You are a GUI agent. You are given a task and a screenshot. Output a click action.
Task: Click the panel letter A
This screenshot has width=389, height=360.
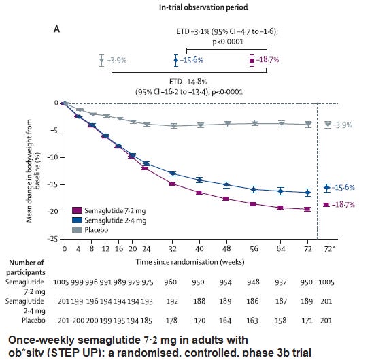coord(57,29)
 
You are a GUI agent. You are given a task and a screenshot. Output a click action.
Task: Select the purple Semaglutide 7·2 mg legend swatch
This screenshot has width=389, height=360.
coord(77,210)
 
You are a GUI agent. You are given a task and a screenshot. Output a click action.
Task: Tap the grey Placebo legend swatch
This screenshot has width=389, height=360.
coord(77,230)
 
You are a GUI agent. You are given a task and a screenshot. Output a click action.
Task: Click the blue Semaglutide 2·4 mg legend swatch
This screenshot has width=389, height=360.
coord(77,220)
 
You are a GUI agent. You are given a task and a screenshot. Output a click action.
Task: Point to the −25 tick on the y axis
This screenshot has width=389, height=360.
coord(52,239)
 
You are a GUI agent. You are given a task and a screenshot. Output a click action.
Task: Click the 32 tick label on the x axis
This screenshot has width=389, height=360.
coord(173,249)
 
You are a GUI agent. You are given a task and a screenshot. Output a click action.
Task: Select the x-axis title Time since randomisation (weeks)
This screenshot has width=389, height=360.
coord(190,262)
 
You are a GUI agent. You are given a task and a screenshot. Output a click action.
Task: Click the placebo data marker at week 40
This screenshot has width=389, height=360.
coord(200,125)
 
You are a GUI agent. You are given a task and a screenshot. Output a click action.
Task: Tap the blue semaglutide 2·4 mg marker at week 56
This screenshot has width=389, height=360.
coord(253,189)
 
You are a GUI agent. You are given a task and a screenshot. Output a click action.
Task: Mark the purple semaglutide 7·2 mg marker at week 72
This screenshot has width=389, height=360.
coord(307,209)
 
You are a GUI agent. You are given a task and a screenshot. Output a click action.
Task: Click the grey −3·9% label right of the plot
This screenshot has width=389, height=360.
coord(342,125)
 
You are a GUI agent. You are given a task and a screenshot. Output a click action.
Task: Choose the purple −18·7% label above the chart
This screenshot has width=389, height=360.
coord(267,60)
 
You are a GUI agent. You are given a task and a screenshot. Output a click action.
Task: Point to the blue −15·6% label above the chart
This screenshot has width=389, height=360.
coord(192,60)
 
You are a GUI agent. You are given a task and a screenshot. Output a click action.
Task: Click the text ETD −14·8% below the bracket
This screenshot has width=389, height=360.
coord(188,82)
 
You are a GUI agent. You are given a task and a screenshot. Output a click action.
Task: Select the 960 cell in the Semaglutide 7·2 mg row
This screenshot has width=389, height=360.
coord(171,282)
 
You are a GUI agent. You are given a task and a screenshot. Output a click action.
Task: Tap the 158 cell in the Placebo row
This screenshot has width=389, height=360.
coord(281,321)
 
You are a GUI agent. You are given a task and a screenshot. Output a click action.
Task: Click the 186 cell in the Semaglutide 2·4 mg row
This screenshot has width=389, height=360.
coord(252,301)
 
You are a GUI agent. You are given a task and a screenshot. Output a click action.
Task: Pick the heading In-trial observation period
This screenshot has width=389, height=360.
coord(203,7)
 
